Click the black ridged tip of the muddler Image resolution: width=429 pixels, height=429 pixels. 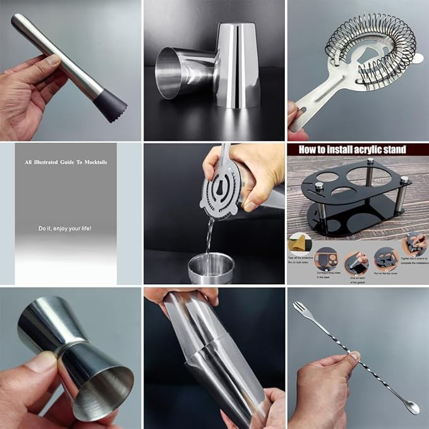(x=112, y=104)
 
